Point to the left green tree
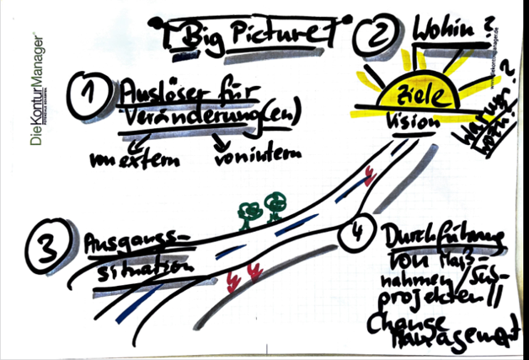click(247, 213)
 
